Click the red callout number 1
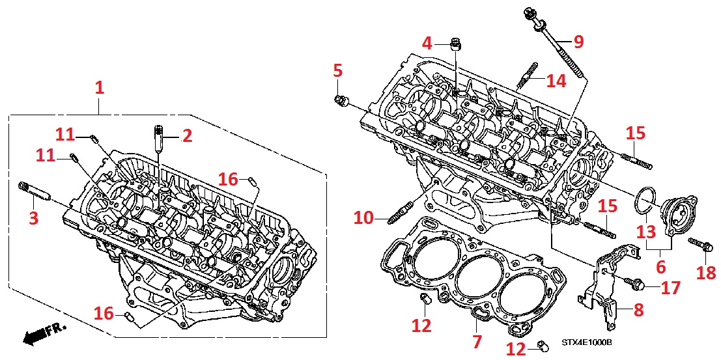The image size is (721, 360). point(99,87)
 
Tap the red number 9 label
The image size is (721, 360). point(578,42)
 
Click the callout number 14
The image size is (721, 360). point(556,81)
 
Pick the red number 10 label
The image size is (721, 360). point(363,217)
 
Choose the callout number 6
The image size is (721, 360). point(660,266)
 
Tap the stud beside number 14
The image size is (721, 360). point(528,77)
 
